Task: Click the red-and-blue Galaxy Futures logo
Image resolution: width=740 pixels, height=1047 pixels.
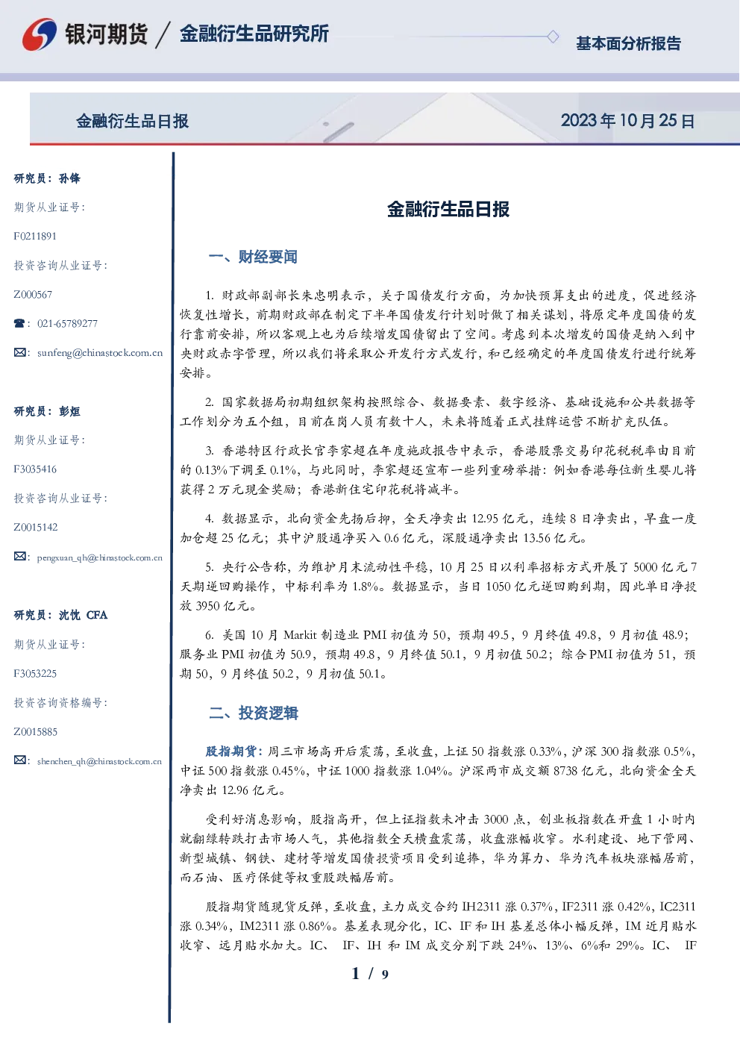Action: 40,34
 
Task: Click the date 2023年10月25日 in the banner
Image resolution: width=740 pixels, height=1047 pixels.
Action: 627,121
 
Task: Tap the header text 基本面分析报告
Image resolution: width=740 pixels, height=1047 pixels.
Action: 628,43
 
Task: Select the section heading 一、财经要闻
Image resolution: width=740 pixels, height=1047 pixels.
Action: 253,257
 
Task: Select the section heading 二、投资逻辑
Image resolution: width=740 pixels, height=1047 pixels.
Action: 253,713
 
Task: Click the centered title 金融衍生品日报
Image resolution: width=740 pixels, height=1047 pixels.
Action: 448,209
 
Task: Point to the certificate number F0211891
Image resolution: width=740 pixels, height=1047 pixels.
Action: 35,236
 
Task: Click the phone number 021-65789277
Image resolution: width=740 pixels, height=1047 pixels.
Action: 67,323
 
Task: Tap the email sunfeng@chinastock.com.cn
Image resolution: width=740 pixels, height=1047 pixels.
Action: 100,353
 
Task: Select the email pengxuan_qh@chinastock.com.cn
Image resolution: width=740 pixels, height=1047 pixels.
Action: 99,557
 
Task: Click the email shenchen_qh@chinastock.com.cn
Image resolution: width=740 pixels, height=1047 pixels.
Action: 99,761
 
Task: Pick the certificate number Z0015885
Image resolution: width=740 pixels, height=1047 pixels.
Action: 36,732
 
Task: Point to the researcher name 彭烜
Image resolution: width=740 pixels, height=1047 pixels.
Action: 69,411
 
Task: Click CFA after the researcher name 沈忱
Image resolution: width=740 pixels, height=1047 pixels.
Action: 97,615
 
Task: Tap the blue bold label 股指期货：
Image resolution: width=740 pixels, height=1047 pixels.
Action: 236,751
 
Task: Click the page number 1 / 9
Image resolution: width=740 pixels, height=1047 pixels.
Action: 370,974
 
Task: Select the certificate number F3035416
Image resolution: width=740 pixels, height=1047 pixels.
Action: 35,469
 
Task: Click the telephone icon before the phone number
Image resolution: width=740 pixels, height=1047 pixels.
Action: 19,323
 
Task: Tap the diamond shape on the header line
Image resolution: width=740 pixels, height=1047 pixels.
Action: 553,37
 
